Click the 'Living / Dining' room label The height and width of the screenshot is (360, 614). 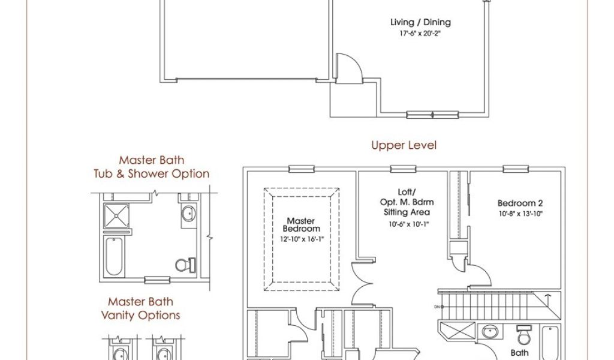pos(420,23)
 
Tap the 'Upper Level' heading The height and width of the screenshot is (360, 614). pos(404,145)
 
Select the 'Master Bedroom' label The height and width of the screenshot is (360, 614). pos(301,225)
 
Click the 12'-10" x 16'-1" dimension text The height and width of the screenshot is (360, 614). pos(301,239)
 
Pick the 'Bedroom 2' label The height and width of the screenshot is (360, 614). pos(520,203)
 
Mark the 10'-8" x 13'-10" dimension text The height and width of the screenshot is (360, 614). pos(520,214)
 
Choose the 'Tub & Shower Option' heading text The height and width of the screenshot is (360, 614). pos(151,174)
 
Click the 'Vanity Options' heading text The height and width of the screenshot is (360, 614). pos(141,315)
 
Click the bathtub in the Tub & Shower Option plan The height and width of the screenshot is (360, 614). pos(113,255)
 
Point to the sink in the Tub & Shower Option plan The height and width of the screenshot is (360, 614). pos(189,213)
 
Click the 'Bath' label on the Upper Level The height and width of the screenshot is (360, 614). pos(519,353)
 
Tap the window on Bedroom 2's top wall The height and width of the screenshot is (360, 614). pos(515,169)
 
